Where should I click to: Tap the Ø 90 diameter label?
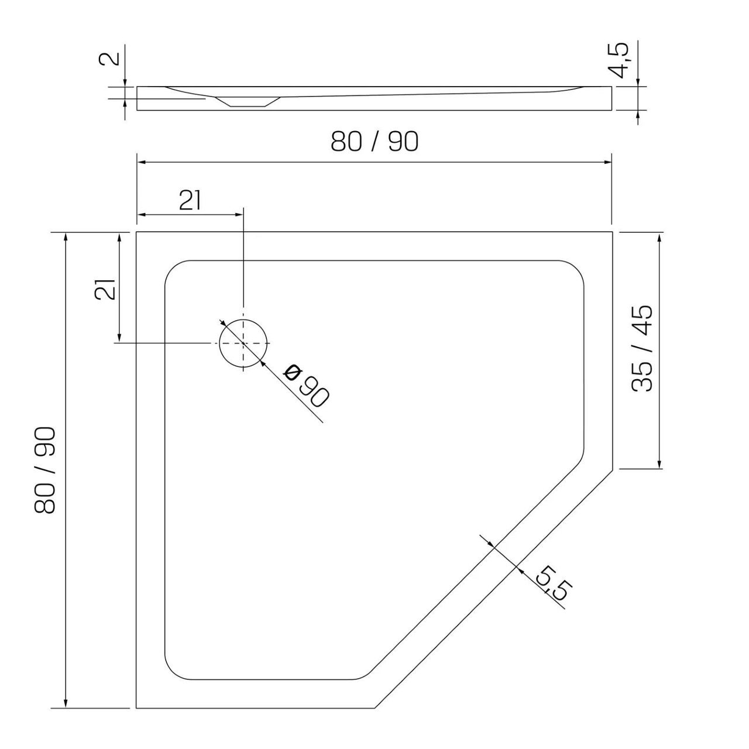coord(306,386)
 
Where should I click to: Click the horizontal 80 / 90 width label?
coord(374,142)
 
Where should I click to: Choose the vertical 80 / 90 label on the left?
coord(45,470)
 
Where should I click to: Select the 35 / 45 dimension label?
coord(643,348)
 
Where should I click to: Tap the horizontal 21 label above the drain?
coord(190,201)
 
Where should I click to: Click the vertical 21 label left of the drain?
coord(105,289)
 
